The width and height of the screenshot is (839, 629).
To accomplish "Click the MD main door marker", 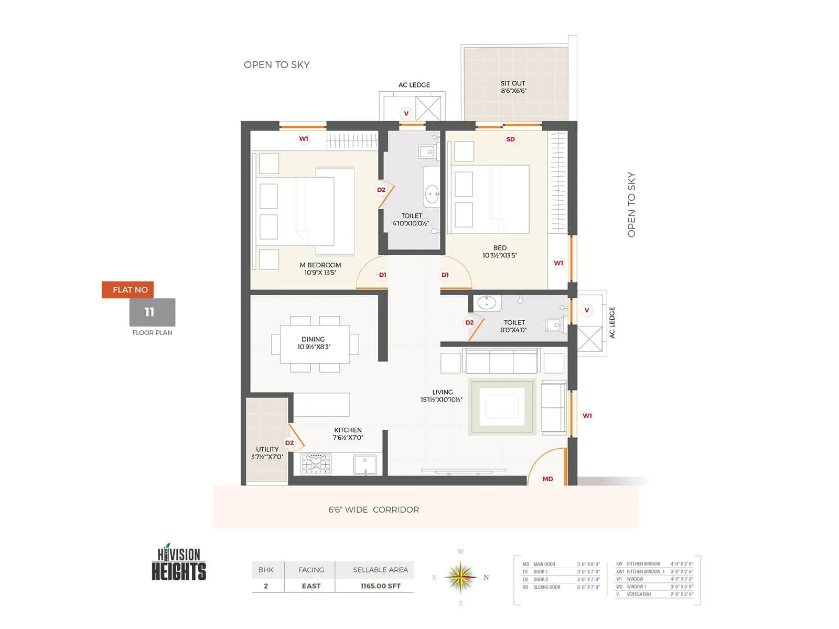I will (x=547, y=479).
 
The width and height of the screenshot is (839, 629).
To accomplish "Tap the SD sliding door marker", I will (x=510, y=139).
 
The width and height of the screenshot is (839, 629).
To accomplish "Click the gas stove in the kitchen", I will (x=316, y=464).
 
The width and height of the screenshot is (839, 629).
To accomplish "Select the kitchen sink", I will (x=364, y=464).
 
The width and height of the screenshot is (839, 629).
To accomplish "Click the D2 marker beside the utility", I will (x=289, y=443).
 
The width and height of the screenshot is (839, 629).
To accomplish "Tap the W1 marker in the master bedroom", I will (x=304, y=139).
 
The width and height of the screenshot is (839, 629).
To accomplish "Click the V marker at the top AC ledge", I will (x=406, y=113).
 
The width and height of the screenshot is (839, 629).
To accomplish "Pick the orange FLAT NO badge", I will (x=128, y=290).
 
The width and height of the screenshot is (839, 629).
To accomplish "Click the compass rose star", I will (x=460, y=577).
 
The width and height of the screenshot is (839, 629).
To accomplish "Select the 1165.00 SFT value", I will (x=380, y=586).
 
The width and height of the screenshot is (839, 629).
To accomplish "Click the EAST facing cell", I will (x=311, y=586).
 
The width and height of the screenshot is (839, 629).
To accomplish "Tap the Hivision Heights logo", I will (x=179, y=563).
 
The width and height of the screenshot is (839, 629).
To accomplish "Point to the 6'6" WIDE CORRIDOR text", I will (x=373, y=509).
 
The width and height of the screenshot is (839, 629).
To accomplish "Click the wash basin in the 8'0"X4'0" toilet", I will (x=487, y=303).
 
